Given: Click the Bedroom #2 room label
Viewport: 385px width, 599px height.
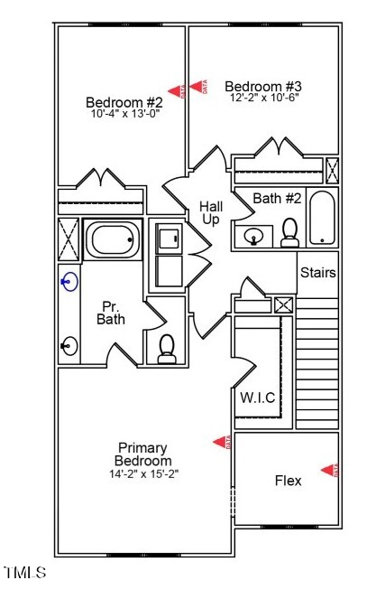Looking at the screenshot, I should pos(124,101).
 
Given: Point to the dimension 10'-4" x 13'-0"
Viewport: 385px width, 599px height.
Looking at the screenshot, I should pos(124,114).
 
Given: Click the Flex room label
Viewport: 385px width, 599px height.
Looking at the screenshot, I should pos(288,481).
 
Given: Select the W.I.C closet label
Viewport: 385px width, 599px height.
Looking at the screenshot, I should pos(257,398).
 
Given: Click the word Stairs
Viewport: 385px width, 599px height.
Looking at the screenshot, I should pos(317,272).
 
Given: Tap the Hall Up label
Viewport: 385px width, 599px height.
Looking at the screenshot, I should pos(211,213).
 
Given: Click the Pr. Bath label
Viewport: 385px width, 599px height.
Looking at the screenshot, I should pos(111,312).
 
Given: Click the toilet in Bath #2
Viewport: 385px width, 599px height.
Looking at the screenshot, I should pos(290,233).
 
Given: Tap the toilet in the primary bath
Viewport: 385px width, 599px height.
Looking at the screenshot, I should pos(167,350).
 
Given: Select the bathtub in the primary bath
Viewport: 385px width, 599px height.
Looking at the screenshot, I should pos(114,240).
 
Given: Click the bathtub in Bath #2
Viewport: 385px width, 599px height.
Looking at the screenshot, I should pos(322,217).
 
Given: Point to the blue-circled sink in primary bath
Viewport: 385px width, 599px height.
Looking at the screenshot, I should pos(68,283).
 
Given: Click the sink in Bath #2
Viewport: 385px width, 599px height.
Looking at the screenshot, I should pos(253,238).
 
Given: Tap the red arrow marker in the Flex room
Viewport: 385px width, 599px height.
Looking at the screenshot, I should pos(329,469).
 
